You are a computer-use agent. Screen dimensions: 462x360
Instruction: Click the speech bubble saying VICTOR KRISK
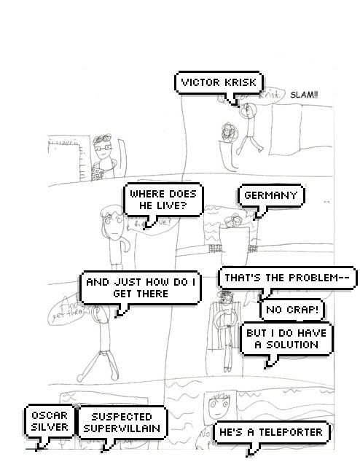click(219, 82)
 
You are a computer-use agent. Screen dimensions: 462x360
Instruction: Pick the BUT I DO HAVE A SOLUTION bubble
click(286, 339)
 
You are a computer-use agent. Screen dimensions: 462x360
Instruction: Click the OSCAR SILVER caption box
click(50, 421)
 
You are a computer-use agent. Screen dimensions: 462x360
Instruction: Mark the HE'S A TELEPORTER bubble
click(271, 432)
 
